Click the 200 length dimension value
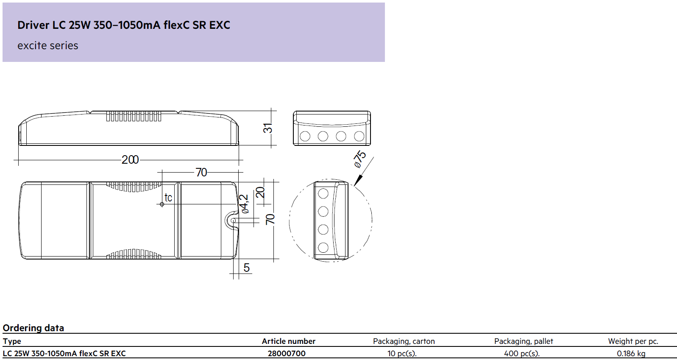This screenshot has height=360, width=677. pos(130,159)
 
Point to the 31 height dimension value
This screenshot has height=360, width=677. pos(268,128)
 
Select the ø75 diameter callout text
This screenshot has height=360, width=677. pos(359,159)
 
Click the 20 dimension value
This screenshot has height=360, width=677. pos(260,192)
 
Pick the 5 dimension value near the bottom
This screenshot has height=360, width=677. pos(247,268)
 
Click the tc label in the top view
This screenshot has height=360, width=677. pos(168,198)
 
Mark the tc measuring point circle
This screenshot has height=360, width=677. pos(162,205)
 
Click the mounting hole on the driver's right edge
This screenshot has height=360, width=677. pos(233,220)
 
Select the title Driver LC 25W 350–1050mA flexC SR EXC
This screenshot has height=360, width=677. pos(124,25)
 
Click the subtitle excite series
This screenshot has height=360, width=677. pos(48,46)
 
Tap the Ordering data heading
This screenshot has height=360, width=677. pos(33,328)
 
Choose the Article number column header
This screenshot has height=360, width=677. pos(288,341)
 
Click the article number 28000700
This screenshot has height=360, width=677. pos(287,353)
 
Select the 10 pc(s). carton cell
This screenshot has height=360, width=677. pos(402,353)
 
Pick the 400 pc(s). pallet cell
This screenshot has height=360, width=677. pos(522,353)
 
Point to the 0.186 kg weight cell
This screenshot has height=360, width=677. pos(631,353)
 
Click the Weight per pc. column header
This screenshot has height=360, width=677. pos(633,341)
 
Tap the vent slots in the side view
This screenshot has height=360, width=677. pos(134,116)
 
